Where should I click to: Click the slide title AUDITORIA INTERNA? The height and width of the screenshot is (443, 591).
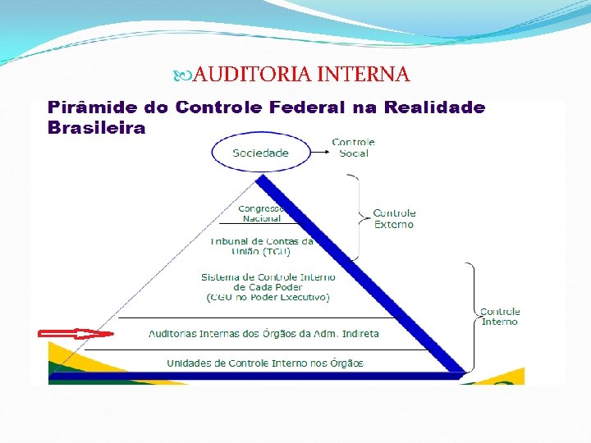coord(301,75)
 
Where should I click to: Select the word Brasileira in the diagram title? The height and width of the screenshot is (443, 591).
coord(96,128)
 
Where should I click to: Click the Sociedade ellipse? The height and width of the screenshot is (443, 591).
coord(260,153)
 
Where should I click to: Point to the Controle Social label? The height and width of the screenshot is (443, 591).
coord(353,148)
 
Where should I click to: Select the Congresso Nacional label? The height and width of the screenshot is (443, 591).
coord(262,213)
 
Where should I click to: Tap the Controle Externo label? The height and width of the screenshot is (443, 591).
coord(394,218)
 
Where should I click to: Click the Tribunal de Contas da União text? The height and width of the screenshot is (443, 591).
coord(262,246)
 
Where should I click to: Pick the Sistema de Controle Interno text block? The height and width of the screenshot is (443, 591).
coord(268,287)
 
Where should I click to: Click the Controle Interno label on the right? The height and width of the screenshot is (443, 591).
coord(499,317)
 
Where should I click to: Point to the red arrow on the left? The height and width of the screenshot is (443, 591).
coord(76,334)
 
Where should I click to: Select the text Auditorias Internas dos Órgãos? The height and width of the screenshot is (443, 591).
coord(263,334)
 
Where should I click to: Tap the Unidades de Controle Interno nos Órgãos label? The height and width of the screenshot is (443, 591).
coord(264,363)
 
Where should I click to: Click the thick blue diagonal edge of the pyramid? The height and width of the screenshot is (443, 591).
coord(361,275)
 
